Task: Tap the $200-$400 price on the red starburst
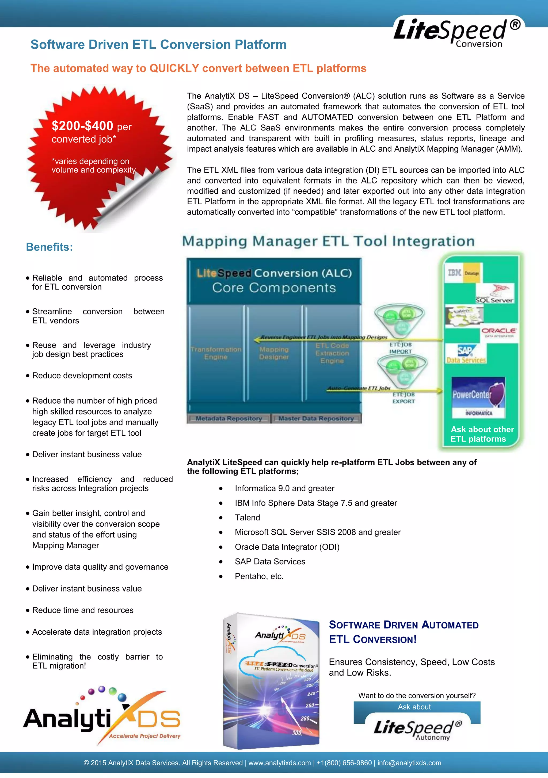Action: click(x=82, y=126)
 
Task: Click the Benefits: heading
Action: click(x=50, y=247)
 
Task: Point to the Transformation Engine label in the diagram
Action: click(x=216, y=353)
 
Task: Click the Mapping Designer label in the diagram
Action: click(x=274, y=353)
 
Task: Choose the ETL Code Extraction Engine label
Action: click(x=332, y=353)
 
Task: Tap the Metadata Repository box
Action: click(x=229, y=419)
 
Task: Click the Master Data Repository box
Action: click(x=316, y=419)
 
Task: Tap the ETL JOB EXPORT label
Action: click(x=404, y=398)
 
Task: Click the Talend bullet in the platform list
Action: click(x=247, y=518)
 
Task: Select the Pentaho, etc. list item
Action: click(x=259, y=576)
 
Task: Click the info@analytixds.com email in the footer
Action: click(x=409, y=763)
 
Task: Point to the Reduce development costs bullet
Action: click(x=82, y=376)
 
